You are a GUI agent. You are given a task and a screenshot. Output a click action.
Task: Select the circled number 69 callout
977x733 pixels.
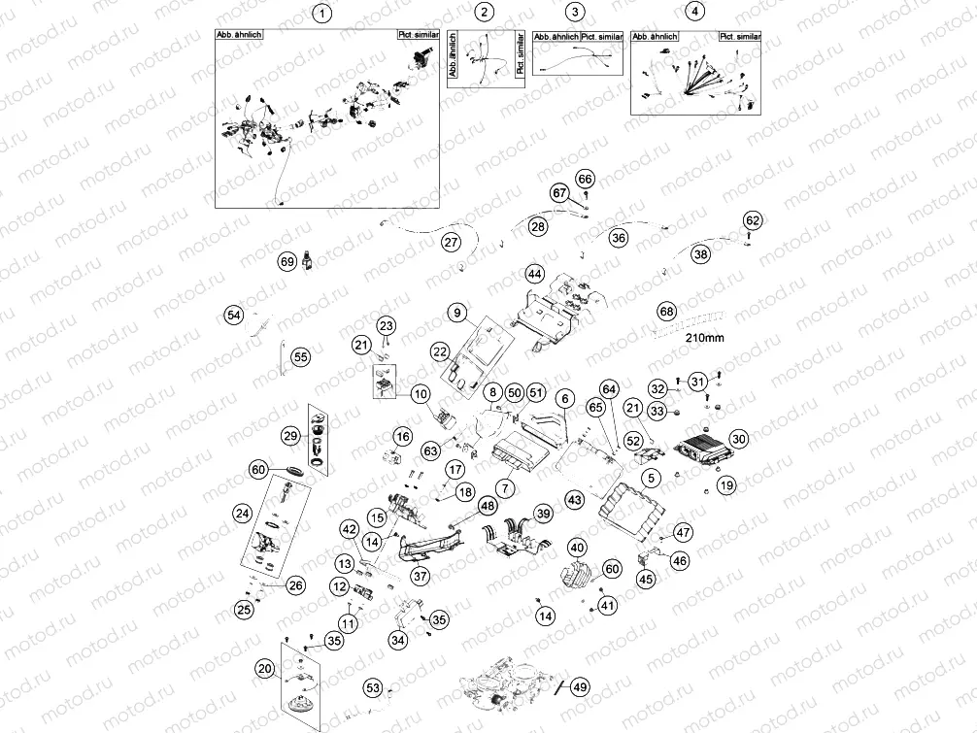[286, 262]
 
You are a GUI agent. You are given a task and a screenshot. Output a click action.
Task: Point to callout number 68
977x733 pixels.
[666, 312]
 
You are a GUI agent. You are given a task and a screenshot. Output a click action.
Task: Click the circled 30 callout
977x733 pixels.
[739, 439]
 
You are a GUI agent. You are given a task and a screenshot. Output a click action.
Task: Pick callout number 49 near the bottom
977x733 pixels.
[580, 687]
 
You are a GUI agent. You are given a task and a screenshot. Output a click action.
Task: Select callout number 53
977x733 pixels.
[373, 687]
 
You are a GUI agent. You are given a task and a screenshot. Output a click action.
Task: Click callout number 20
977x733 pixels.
[264, 668]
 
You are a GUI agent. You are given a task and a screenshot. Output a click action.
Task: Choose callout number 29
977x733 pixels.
[290, 438]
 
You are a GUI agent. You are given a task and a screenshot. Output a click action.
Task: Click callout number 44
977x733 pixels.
[534, 274]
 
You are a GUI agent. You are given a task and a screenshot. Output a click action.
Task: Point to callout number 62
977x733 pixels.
[753, 220]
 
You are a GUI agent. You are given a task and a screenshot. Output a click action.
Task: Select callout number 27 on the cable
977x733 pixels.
[450, 241]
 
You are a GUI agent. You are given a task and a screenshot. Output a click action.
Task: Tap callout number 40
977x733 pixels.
[576, 548]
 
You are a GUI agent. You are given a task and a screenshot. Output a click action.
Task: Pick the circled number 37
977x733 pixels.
[420, 577]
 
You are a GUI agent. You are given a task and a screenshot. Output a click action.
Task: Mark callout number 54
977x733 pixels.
[233, 315]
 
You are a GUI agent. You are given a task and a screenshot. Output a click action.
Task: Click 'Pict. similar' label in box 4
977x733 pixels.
[740, 36]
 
